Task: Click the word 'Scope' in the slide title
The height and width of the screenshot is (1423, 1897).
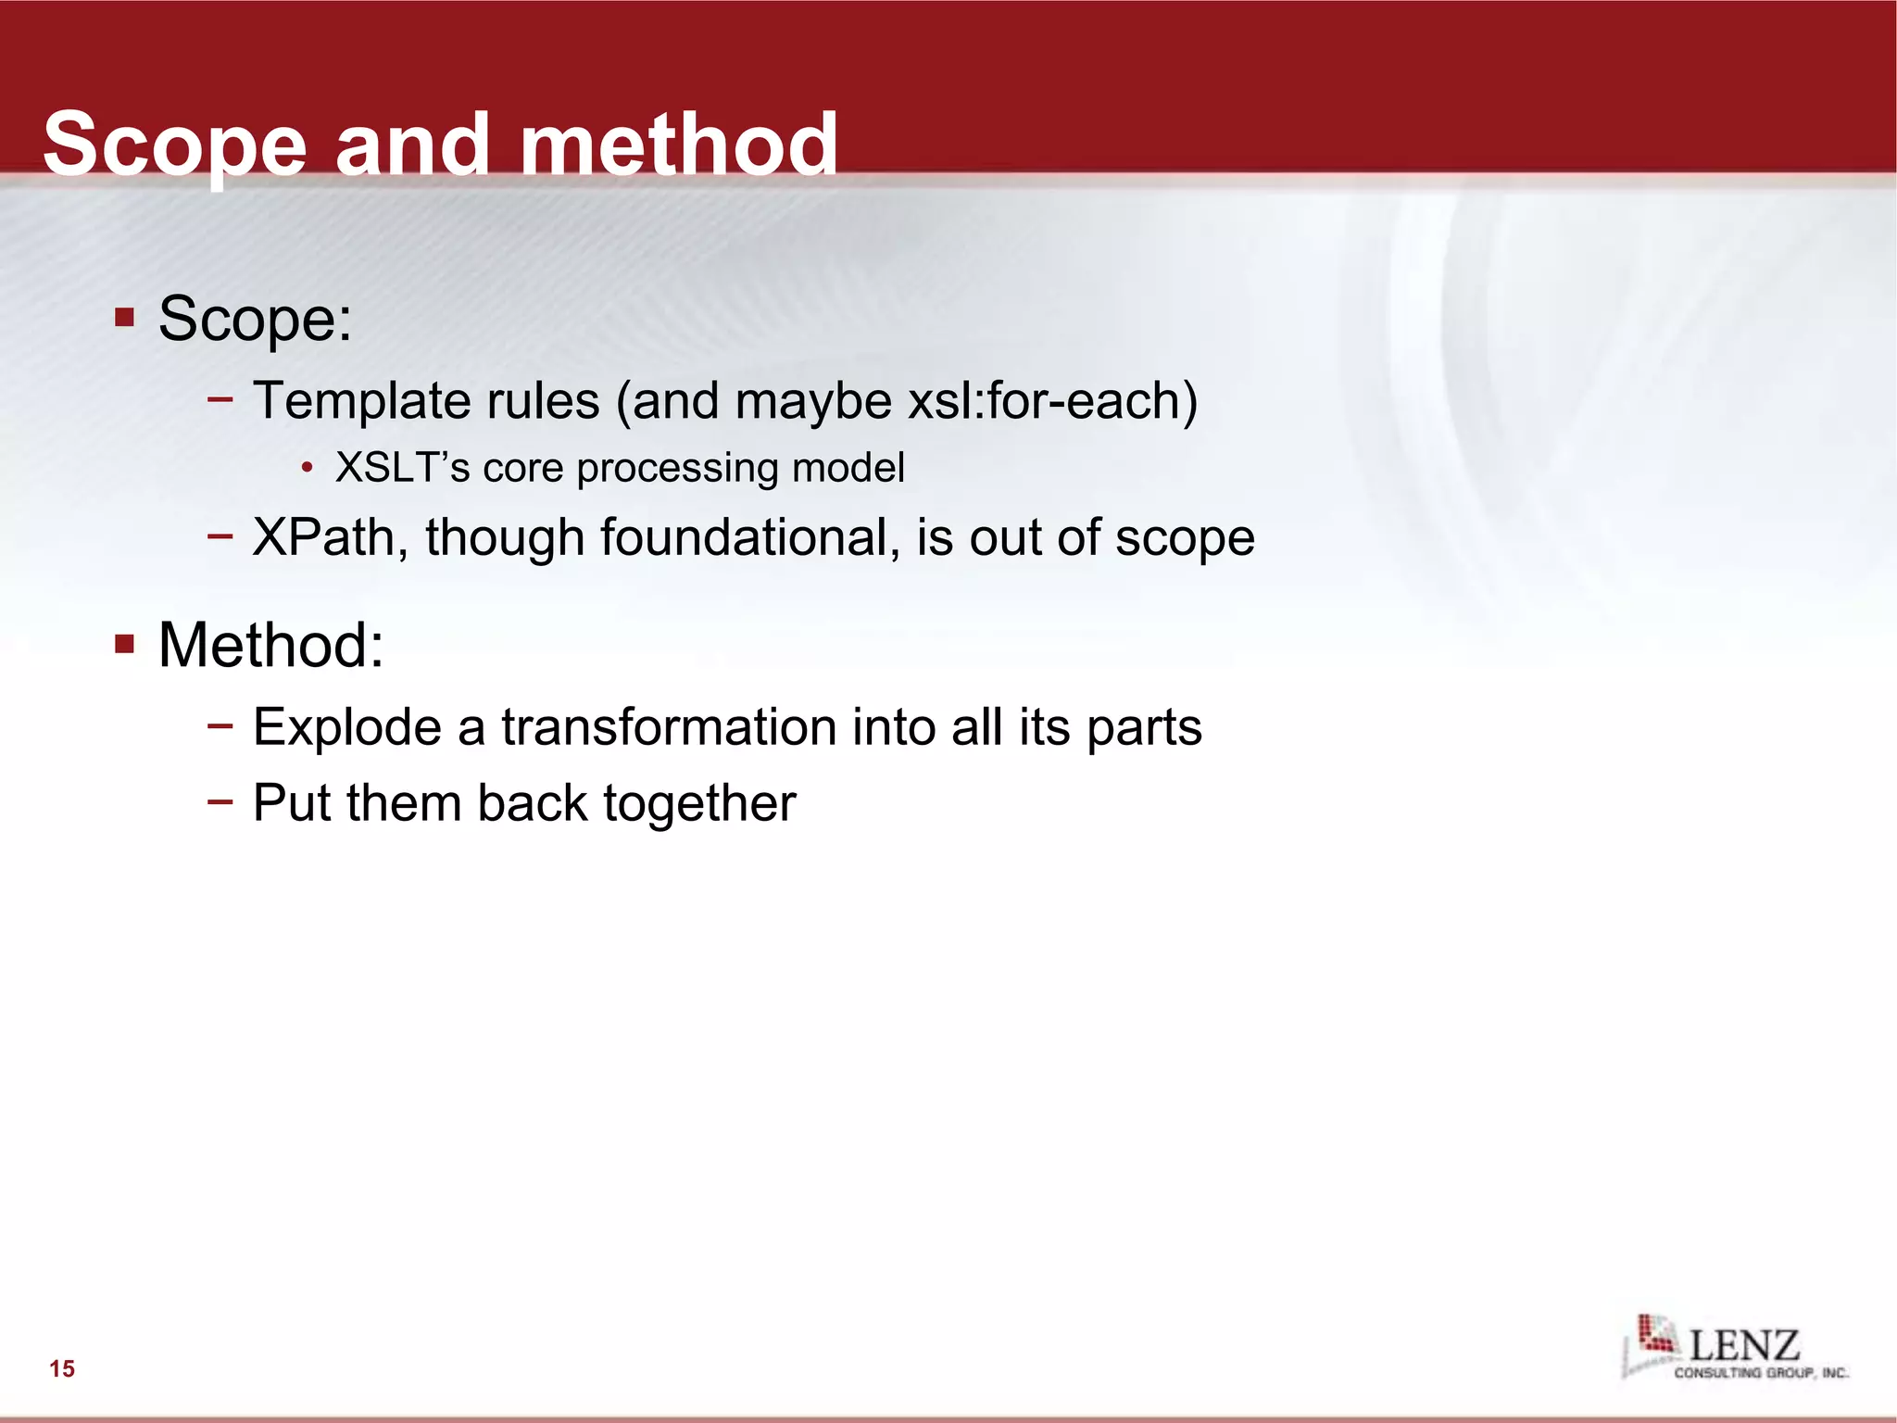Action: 174,146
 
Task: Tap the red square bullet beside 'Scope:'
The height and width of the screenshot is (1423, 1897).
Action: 124,319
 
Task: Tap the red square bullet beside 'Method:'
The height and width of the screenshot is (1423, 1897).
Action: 124,644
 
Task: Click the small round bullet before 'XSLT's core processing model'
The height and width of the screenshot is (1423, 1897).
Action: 308,468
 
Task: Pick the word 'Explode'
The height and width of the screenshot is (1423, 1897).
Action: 347,727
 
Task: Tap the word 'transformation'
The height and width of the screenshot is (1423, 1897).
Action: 669,727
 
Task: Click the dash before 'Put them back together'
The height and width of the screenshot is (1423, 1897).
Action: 220,800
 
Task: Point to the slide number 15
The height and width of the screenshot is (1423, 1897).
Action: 62,1368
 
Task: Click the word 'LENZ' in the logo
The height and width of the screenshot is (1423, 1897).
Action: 1743,1345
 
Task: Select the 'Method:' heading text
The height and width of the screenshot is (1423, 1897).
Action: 270,645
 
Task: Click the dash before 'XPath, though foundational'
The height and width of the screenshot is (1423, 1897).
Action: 220,535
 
